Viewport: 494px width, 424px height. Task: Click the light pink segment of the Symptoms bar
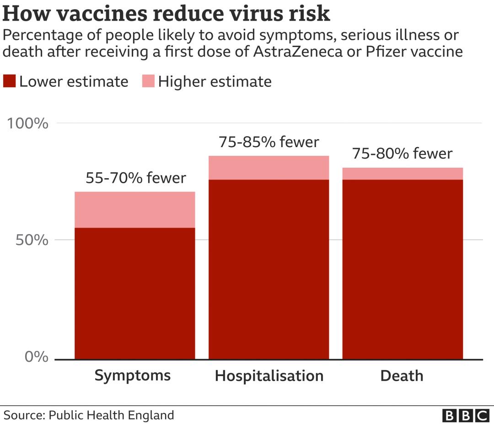pyautogui.click(x=135, y=209)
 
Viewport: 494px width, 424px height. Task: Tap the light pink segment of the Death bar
pyautogui.click(x=403, y=174)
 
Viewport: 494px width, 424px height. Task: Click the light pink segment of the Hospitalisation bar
pyautogui.click(x=268, y=167)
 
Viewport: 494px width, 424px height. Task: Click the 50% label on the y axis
pyautogui.click(x=32, y=240)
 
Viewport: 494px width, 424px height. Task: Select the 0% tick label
pyautogui.click(x=37, y=356)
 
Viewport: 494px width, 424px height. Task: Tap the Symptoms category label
pyautogui.click(x=133, y=376)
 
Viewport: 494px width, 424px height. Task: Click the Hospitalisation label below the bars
pyautogui.click(x=269, y=376)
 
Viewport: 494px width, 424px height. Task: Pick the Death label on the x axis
pyautogui.click(x=402, y=376)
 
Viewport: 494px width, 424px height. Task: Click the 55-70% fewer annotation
pyautogui.click(x=136, y=178)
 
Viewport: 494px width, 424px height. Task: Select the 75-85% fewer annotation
pyautogui.click(x=268, y=142)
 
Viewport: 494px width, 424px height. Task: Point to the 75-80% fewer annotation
pyautogui.click(x=402, y=154)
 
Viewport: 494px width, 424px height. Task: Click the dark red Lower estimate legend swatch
pyautogui.click(x=10, y=82)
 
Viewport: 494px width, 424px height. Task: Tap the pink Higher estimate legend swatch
pyautogui.click(x=149, y=82)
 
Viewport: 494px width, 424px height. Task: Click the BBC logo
pyautogui.click(x=466, y=415)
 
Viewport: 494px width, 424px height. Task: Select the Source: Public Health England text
pyautogui.click(x=89, y=415)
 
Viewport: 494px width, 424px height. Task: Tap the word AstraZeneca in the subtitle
pyautogui.click(x=297, y=52)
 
